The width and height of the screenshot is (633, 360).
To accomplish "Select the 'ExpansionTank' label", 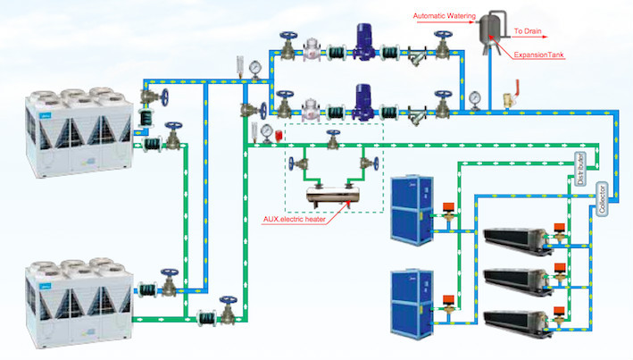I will pos(540,54).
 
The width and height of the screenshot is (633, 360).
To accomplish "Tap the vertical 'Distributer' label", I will pos(578,166).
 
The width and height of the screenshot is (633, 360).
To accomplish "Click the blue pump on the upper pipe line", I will pos(362,41).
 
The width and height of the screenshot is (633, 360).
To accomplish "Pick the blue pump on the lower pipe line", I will pos(362,101).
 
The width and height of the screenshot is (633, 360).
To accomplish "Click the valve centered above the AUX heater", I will pos(333,138).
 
